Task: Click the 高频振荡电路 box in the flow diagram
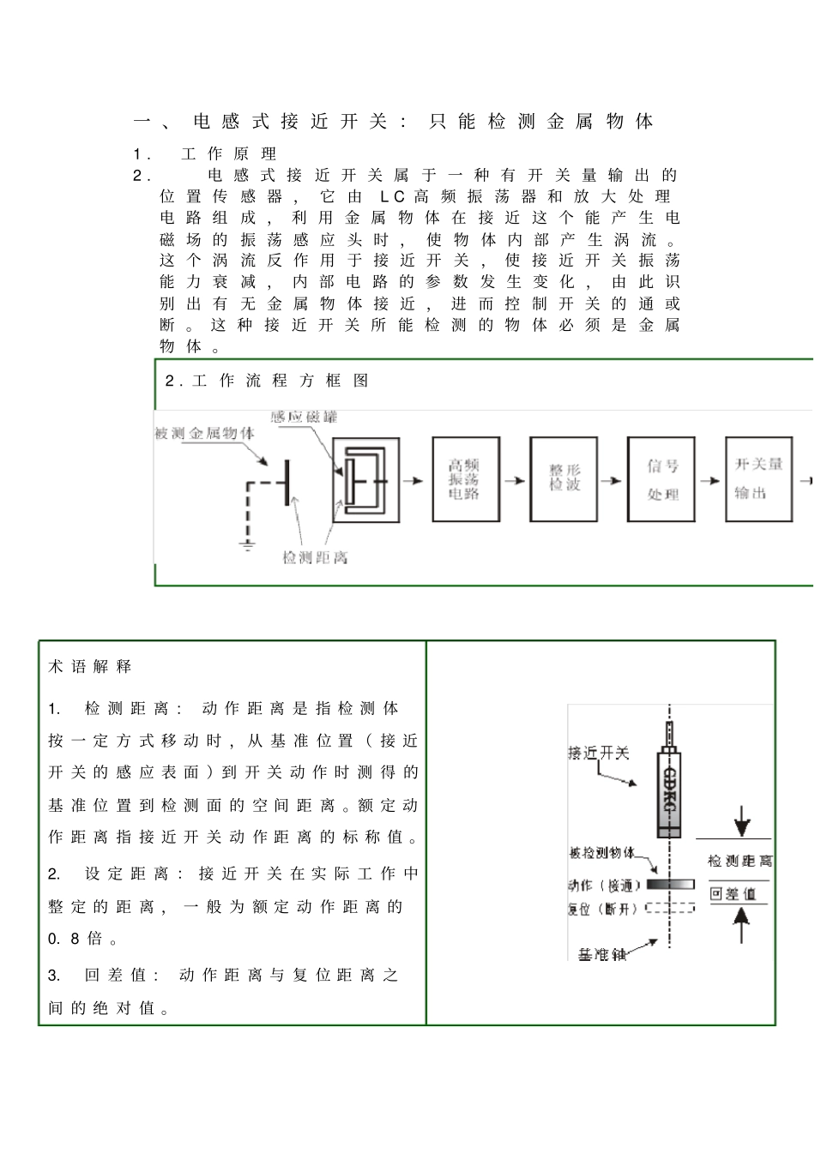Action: click(465, 479)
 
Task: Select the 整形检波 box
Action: click(564, 479)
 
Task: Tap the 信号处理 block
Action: click(661, 479)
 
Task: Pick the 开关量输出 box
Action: click(758, 479)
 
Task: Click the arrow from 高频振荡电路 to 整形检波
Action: click(515, 481)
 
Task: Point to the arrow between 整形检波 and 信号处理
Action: click(612, 481)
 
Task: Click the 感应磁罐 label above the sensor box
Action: click(304, 417)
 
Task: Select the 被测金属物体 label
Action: click(204, 434)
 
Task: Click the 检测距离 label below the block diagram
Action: click(315, 558)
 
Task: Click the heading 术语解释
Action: click(90, 667)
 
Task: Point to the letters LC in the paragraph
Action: click(391, 196)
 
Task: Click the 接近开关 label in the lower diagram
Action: click(599, 754)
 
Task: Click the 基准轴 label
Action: click(602, 954)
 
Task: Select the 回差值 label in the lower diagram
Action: click(733, 894)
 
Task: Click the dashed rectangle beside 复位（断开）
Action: click(670, 908)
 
